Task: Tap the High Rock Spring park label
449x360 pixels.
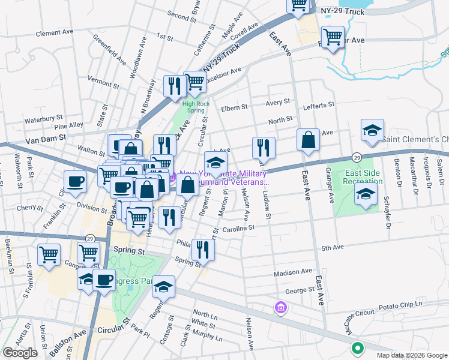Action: pyautogui.click(x=193, y=106)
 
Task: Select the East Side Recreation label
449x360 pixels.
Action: pyautogui.click(x=363, y=177)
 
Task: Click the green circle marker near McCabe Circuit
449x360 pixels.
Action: pyautogui.click(x=357, y=347)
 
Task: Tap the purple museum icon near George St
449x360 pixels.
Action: pyautogui.click(x=280, y=308)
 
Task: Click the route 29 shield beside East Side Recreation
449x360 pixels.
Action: pyautogui.click(x=356, y=156)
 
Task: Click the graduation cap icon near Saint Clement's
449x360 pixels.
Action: pyautogui.click(x=372, y=131)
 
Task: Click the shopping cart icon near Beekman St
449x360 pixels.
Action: pyautogui.click(x=49, y=254)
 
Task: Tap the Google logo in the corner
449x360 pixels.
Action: pyautogui.click(x=20, y=353)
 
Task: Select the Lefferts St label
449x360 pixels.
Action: pyautogui.click(x=319, y=105)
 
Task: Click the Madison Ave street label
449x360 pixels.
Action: pyautogui.click(x=293, y=272)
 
